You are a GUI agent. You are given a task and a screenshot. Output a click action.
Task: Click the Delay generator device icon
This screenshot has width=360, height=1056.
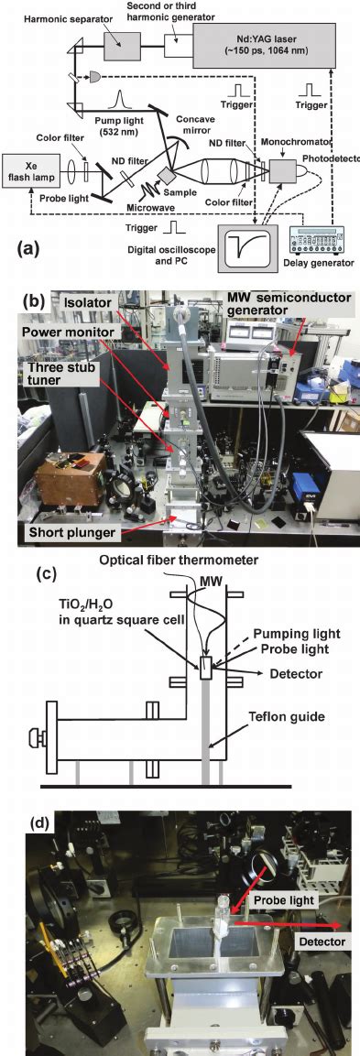(319, 248)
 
